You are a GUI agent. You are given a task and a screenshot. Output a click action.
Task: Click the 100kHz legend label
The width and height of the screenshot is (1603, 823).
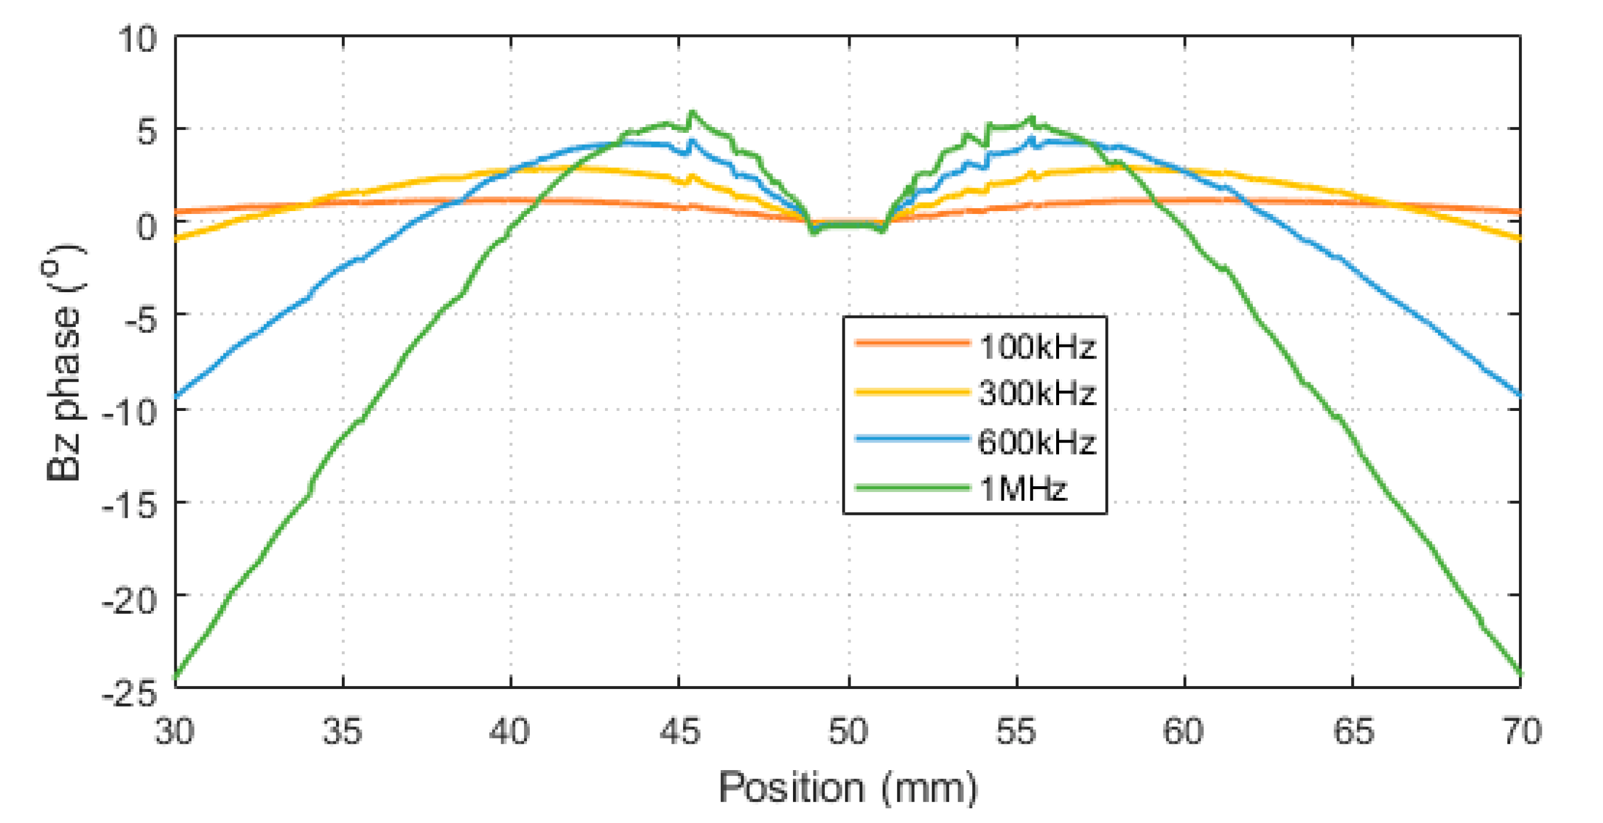point(1037,346)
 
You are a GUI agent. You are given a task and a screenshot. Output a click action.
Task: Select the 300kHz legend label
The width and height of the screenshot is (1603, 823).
point(1037,393)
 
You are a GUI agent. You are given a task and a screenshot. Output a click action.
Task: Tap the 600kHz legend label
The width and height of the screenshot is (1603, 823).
point(1037,442)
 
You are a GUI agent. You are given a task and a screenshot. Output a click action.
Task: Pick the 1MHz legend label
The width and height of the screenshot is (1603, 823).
point(1023,489)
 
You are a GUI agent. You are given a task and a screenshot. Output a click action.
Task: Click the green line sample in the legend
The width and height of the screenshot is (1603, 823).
point(912,488)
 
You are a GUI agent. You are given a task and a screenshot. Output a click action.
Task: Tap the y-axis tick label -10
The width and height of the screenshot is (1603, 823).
point(129,411)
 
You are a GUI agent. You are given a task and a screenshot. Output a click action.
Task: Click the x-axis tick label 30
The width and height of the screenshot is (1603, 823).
point(174,731)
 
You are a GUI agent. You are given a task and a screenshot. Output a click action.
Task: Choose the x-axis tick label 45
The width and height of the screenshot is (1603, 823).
point(680,731)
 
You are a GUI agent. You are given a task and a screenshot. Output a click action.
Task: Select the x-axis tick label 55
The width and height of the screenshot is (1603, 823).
point(1016,731)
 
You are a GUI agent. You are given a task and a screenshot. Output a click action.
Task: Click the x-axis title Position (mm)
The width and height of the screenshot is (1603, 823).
point(848,788)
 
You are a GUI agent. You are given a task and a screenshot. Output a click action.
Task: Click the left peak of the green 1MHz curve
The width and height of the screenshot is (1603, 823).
point(692,113)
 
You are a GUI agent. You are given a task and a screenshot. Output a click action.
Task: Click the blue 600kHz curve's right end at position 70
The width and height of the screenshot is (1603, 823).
point(1519,394)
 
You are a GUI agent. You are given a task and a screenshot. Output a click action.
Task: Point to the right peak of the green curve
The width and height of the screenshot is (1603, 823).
point(1031,118)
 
